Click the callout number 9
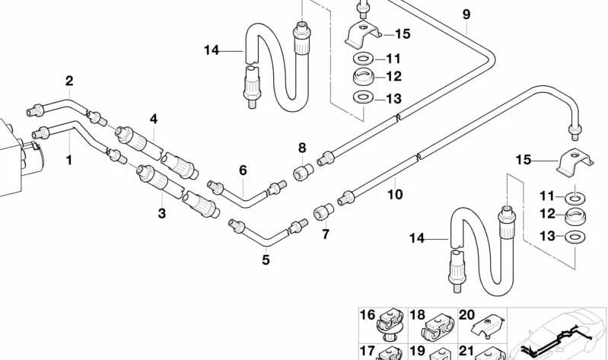466,14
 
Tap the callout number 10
395,194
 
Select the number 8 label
302,148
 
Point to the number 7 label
326,234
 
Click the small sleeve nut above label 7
323,212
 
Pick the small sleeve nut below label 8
303,172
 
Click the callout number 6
243,170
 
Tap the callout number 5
266,260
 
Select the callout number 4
154,119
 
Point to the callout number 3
161,213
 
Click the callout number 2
69,81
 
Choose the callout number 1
69,160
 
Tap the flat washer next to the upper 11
363,59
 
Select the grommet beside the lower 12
575,215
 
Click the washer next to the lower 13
575,237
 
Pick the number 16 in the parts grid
368,314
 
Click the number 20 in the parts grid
467,314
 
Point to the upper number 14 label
212,50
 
